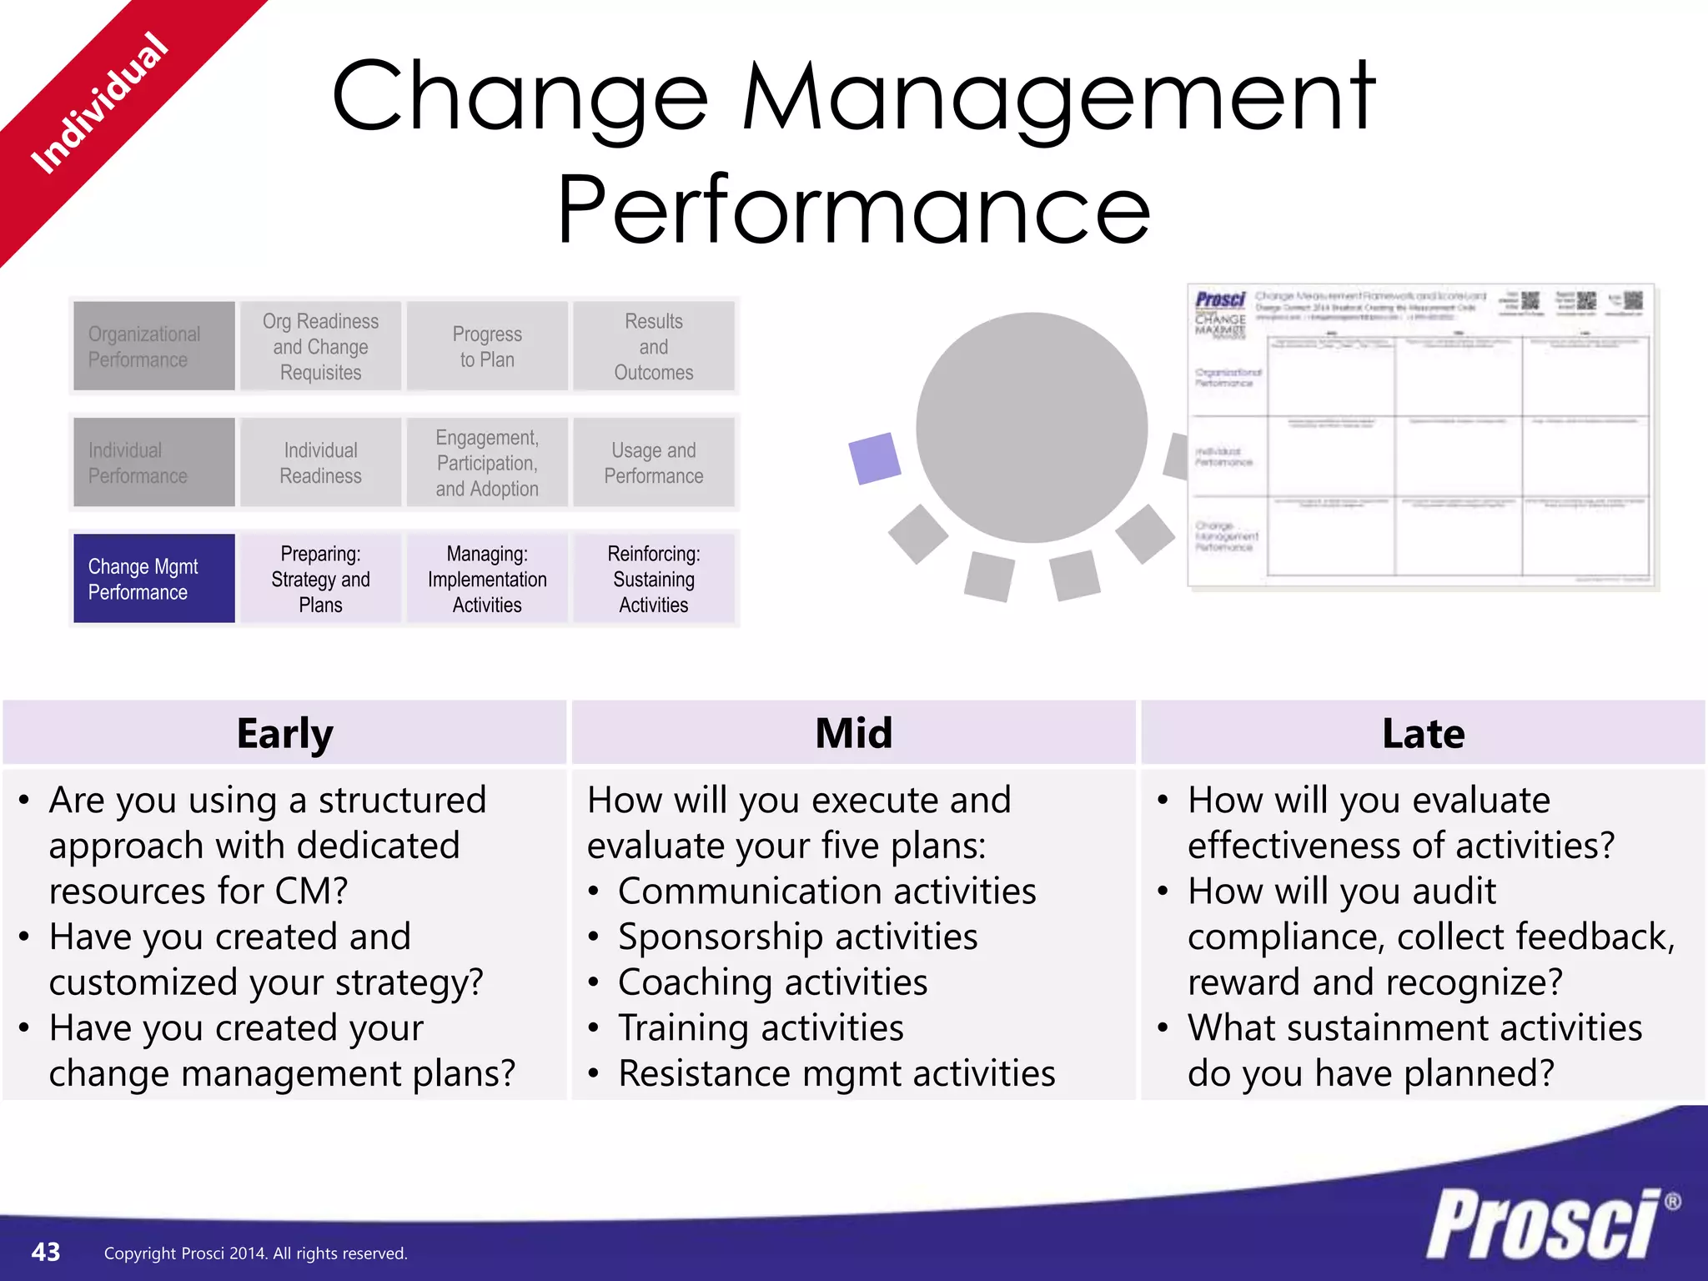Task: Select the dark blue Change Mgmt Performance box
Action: click(153, 578)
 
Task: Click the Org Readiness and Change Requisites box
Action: click(320, 346)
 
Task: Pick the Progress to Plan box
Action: click(487, 346)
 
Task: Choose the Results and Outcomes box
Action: click(654, 346)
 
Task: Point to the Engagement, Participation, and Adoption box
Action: click(487, 462)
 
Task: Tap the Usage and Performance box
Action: click(654, 462)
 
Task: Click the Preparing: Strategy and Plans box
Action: click(320, 578)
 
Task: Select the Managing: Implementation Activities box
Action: click(487, 578)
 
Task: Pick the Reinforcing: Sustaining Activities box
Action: click(654, 578)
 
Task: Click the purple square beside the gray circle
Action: click(874, 458)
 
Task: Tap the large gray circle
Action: click(1031, 427)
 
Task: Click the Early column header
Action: click(284, 733)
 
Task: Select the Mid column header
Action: click(853, 733)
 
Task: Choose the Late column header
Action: click(1423, 733)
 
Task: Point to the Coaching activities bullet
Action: click(771, 982)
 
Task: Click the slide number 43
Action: click(46, 1252)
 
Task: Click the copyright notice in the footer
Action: click(255, 1253)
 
